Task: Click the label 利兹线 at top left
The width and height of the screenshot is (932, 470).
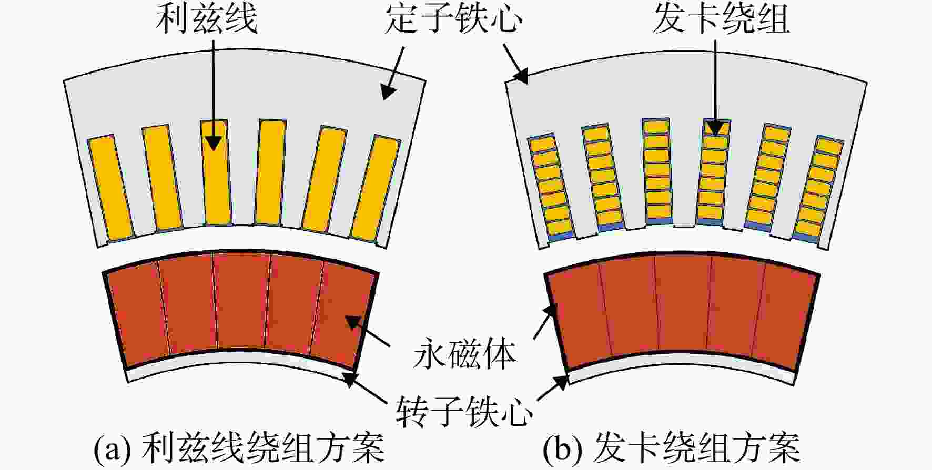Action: click(206, 19)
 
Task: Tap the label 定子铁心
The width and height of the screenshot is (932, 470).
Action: click(453, 19)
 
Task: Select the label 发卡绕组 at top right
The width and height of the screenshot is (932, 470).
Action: click(721, 19)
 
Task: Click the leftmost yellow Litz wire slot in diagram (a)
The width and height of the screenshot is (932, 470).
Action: click(110, 188)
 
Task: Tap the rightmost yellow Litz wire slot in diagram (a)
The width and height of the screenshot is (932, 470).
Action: click(376, 188)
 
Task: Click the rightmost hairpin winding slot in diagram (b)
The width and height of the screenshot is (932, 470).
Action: click(818, 188)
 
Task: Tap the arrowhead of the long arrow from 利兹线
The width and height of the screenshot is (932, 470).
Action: click(213, 142)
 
